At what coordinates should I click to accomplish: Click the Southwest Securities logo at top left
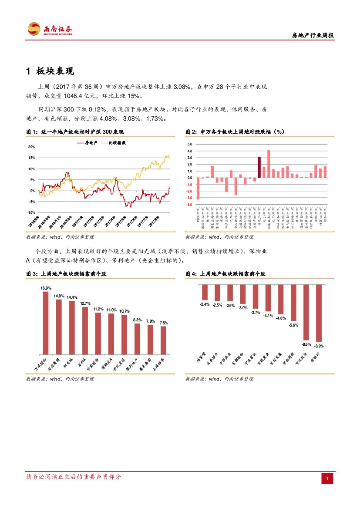(x=50, y=29)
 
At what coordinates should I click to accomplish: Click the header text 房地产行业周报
(x=313, y=36)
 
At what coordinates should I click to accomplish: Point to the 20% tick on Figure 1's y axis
(x=32, y=147)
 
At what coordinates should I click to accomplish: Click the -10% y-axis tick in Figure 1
(x=31, y=212)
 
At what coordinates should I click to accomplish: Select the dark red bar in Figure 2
(x=259, y=167)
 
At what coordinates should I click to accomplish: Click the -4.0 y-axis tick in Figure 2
(x=189, y=205)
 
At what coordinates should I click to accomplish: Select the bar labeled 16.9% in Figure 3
(x=46, y=322)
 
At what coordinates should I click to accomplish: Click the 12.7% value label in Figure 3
(x=85, y=303)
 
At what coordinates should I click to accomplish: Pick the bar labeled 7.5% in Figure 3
(x=164, y=340)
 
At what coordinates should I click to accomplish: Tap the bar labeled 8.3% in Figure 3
(x=138, y=338)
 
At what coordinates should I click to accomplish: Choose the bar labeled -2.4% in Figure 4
(x=205, y=292)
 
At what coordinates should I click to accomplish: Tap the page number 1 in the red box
(x=328, y=479)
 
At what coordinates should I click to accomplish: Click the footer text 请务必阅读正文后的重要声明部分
(x=74, y=477)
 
